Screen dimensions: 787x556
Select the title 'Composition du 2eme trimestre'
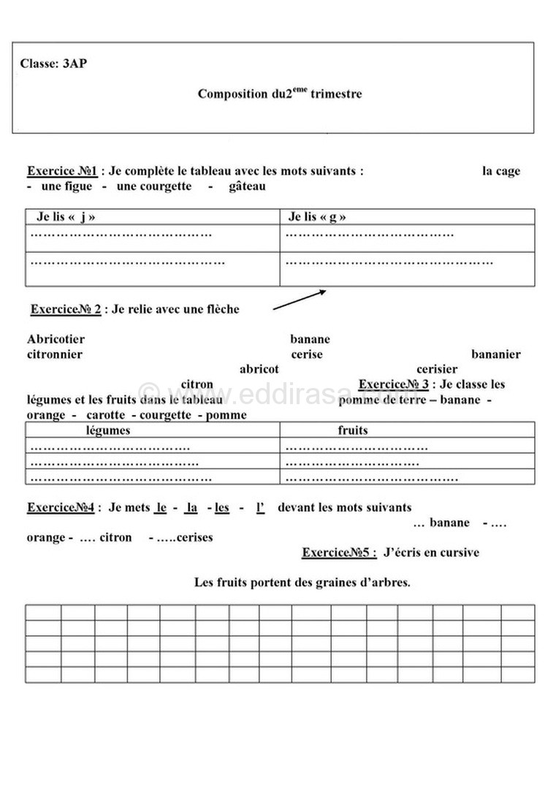tap(280, 94)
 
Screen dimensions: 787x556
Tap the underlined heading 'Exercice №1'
tap(62, 171)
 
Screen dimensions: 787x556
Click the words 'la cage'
tap(501, 171)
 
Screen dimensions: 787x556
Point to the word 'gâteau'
tap(247, 186)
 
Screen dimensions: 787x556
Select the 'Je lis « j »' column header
tap(66, 217)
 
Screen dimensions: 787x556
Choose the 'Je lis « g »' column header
tap(317, 217)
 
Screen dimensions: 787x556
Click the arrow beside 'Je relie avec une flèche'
tap(300, 300)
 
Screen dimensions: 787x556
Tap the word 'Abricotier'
tap(56, 339)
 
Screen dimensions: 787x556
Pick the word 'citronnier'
tap(54, 354)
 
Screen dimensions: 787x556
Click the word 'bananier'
tap(495, 354)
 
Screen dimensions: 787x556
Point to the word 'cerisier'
tap(437, 369)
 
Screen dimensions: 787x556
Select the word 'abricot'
tap(259, 369)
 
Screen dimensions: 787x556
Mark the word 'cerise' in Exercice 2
tap(306, 354)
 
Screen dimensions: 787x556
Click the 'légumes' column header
tap(108, 430)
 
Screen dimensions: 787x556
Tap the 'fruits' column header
tap(352, 430)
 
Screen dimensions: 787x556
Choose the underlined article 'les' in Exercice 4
tap(222, 507)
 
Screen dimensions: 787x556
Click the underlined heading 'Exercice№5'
tap(339, 552)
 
